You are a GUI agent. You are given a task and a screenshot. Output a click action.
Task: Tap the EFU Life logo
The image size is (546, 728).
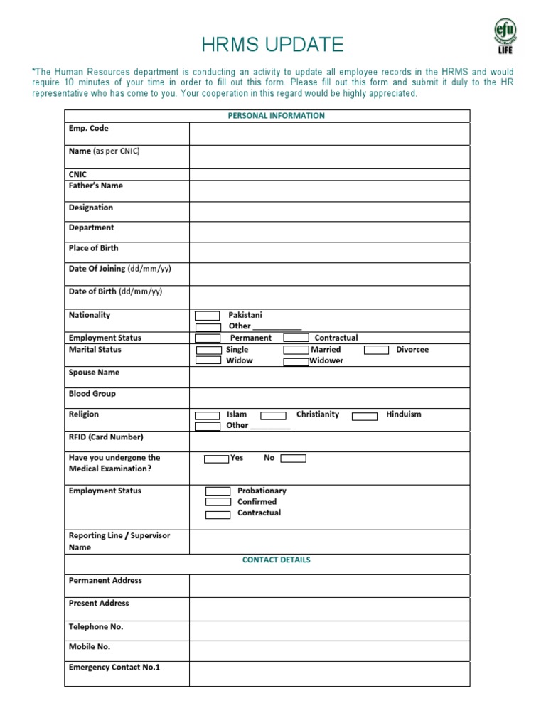tap(505, 36)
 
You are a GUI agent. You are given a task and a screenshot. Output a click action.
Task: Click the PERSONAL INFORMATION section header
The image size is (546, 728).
tap(276, 116)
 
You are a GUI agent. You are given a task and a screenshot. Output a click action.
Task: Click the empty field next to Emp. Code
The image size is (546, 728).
tap(329, 134)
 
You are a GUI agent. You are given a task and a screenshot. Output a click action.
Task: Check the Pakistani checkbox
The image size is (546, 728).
tap(208, 315)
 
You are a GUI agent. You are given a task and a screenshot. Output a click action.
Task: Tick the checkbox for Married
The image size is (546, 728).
tap(296, 350)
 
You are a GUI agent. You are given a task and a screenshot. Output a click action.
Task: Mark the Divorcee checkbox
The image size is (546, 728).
tap(377, 350)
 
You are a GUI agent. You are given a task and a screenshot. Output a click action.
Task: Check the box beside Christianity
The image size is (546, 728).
tap(274, 415)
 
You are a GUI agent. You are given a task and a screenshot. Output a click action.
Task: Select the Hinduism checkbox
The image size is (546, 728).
tap(365, 416)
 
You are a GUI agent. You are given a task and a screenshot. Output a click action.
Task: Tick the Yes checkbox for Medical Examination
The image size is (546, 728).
tap(216, 459)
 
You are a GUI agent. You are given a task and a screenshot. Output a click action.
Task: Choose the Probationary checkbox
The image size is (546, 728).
tap(218, 491)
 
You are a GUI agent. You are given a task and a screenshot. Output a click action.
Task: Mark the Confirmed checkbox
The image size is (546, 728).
tap(218, 503)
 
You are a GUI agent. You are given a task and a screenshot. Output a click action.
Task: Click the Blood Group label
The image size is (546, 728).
tap(92, 394)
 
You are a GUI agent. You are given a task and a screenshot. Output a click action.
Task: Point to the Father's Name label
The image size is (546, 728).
tap(95, 186)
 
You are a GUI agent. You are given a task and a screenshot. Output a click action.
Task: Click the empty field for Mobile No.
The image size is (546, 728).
tap(329, 651)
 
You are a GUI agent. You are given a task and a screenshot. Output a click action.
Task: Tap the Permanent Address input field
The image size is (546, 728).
tap(329, 586)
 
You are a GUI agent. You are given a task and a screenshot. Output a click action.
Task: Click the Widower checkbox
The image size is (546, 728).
tap(296, 361)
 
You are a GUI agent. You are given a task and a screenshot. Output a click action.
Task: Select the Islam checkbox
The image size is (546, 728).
tap(208, 415)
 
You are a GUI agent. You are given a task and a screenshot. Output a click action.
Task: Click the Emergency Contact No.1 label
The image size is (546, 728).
tap(114, 668)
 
